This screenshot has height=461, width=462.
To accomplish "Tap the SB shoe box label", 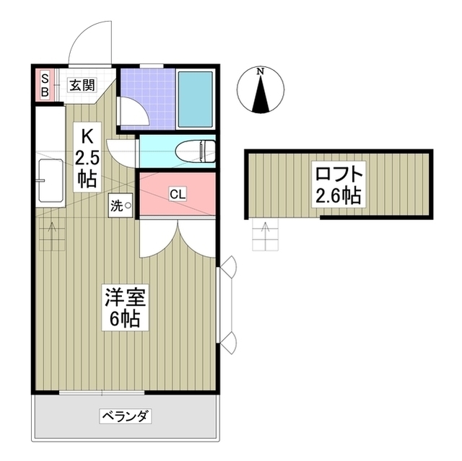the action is tap(45, 85).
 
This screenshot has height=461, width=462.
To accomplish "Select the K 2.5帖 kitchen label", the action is tap(87, 157).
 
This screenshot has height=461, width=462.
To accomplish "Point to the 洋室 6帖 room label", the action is tap(126, 307).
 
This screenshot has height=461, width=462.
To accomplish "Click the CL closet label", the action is tap(178, 194).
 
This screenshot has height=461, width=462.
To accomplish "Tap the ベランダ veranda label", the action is tap(125, 416).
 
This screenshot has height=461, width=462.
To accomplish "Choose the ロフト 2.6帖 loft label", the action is tap(339, 184).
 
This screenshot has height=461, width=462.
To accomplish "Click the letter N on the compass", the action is tap(260, 71).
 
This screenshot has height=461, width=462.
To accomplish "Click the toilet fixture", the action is tap(196, 152).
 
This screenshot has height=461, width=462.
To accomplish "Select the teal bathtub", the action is tap(196, 100).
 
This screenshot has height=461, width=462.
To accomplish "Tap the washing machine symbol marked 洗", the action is tap(121, 206).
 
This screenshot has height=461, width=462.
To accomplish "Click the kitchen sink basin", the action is tap(51, 180).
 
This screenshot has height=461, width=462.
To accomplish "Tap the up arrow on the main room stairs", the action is tap(52, 235).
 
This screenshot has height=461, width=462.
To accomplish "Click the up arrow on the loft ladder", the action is tap(266, 235).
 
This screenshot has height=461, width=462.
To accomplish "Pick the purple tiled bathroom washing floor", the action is tap(148, 97).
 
